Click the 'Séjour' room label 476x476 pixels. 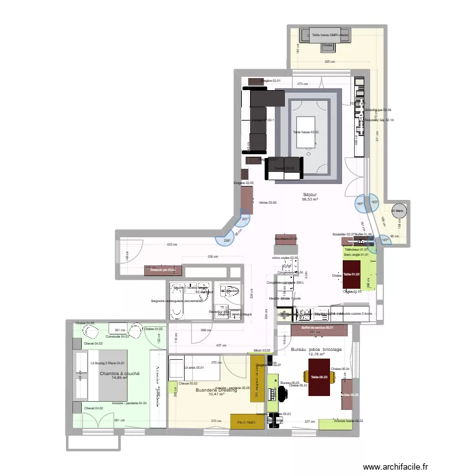310,194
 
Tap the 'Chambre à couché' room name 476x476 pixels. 119,374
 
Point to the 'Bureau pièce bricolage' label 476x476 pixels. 316,350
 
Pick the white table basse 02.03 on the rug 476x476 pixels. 306,131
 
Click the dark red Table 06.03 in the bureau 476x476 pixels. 319,377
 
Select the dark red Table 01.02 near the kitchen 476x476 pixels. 352,275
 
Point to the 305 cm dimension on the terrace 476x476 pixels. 329,62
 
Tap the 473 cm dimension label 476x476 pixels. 303,84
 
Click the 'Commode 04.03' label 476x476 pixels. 117,336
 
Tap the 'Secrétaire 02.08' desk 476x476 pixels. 286,239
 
